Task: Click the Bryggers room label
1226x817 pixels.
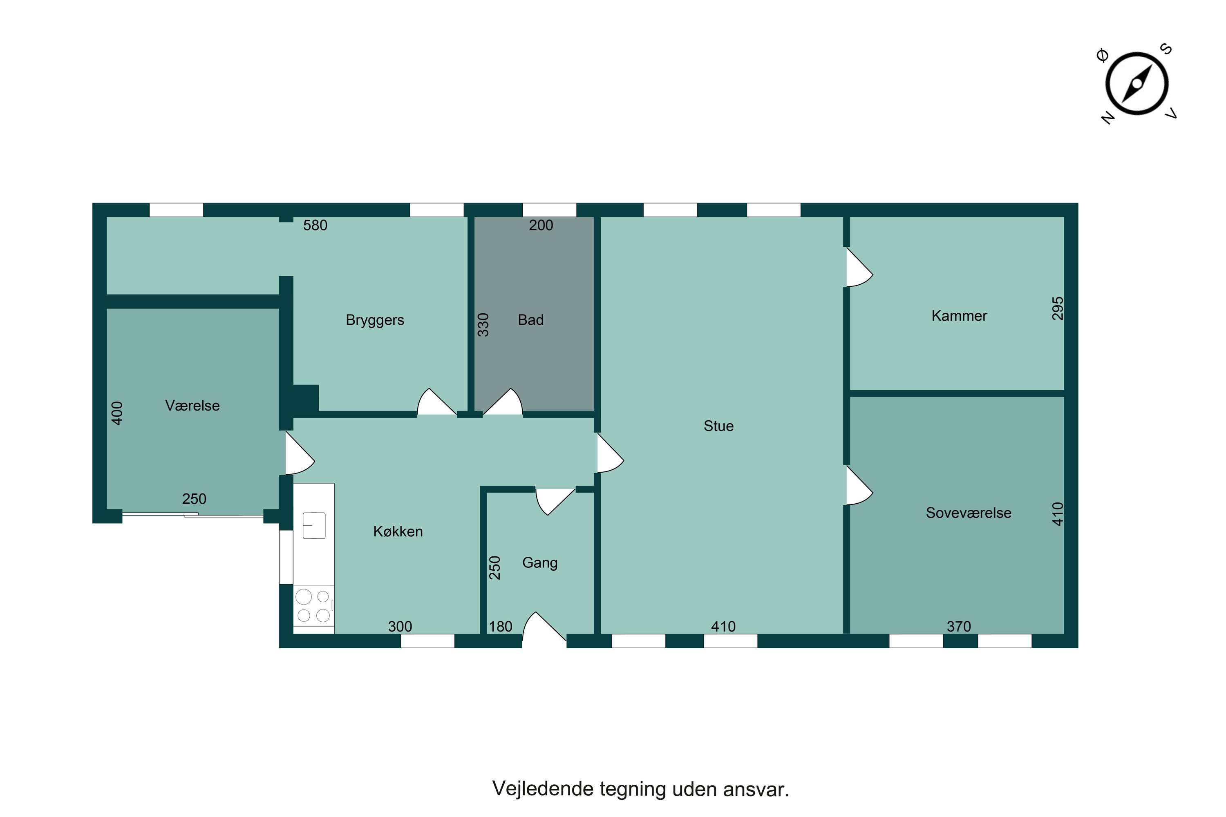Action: pyautogui.click(x=375, y=320)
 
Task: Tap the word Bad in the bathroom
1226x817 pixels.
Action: pyautogui.click(x=530, y=320)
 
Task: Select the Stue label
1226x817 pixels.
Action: pyautogui.click(x=718, y=426)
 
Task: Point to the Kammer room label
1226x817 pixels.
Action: pyautogui.click(x=959, y=316)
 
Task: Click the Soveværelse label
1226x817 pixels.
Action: pyautogui.click(x=969, y=513)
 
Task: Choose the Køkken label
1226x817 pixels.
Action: pyautogui.click(x=398, y=531)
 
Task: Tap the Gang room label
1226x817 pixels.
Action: pyautogui.click(x=540, y=563)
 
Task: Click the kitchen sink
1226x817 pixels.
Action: pyautogui.click(x=314, y=525)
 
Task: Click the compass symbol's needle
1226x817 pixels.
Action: pyautogui.click(x=1137, y=84)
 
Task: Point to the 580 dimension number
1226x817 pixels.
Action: pyautogui.click(x=315, y=225)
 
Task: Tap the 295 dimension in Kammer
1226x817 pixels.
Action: pyautogui.click(x=1057, y=308)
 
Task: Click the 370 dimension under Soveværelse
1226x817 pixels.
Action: pyautogui.click(x=959, y=626)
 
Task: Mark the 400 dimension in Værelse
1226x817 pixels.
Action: pyautogui.click(x=117, y=413)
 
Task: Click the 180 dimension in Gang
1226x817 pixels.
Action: pyautogui.click(x=500, y=626)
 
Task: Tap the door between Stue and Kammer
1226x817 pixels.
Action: pyautogui.click(x=859, y=267)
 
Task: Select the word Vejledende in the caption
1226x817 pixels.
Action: pyautogui.click(x=543, y=789)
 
